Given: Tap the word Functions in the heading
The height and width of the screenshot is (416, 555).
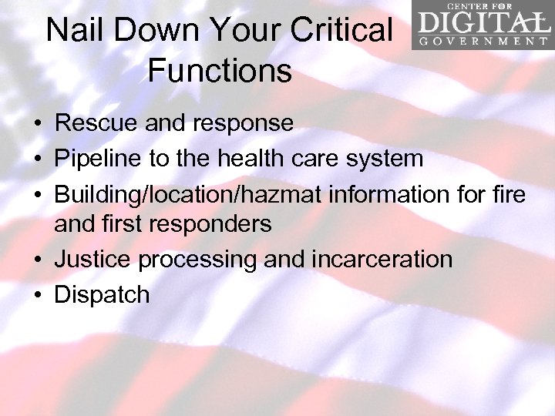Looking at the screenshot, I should [220, 71].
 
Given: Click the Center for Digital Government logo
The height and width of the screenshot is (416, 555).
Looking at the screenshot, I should [482, 25].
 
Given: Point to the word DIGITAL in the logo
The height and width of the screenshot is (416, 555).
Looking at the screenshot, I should [482, 22].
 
